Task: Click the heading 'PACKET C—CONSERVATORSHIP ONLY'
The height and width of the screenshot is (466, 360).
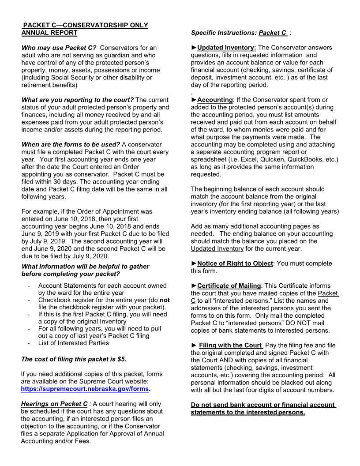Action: click(85, 26)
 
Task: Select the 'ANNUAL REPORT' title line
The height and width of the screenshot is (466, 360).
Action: click(49, 33)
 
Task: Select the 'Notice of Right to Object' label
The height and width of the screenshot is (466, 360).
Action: click(235, 263)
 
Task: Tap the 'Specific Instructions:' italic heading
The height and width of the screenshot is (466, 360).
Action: click(224, 33)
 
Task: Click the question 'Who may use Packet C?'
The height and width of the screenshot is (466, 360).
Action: click(59, 47)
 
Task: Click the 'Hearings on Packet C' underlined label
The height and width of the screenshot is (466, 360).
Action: click(54, 404)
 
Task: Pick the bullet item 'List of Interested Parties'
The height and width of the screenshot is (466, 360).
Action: click(73, 343)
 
